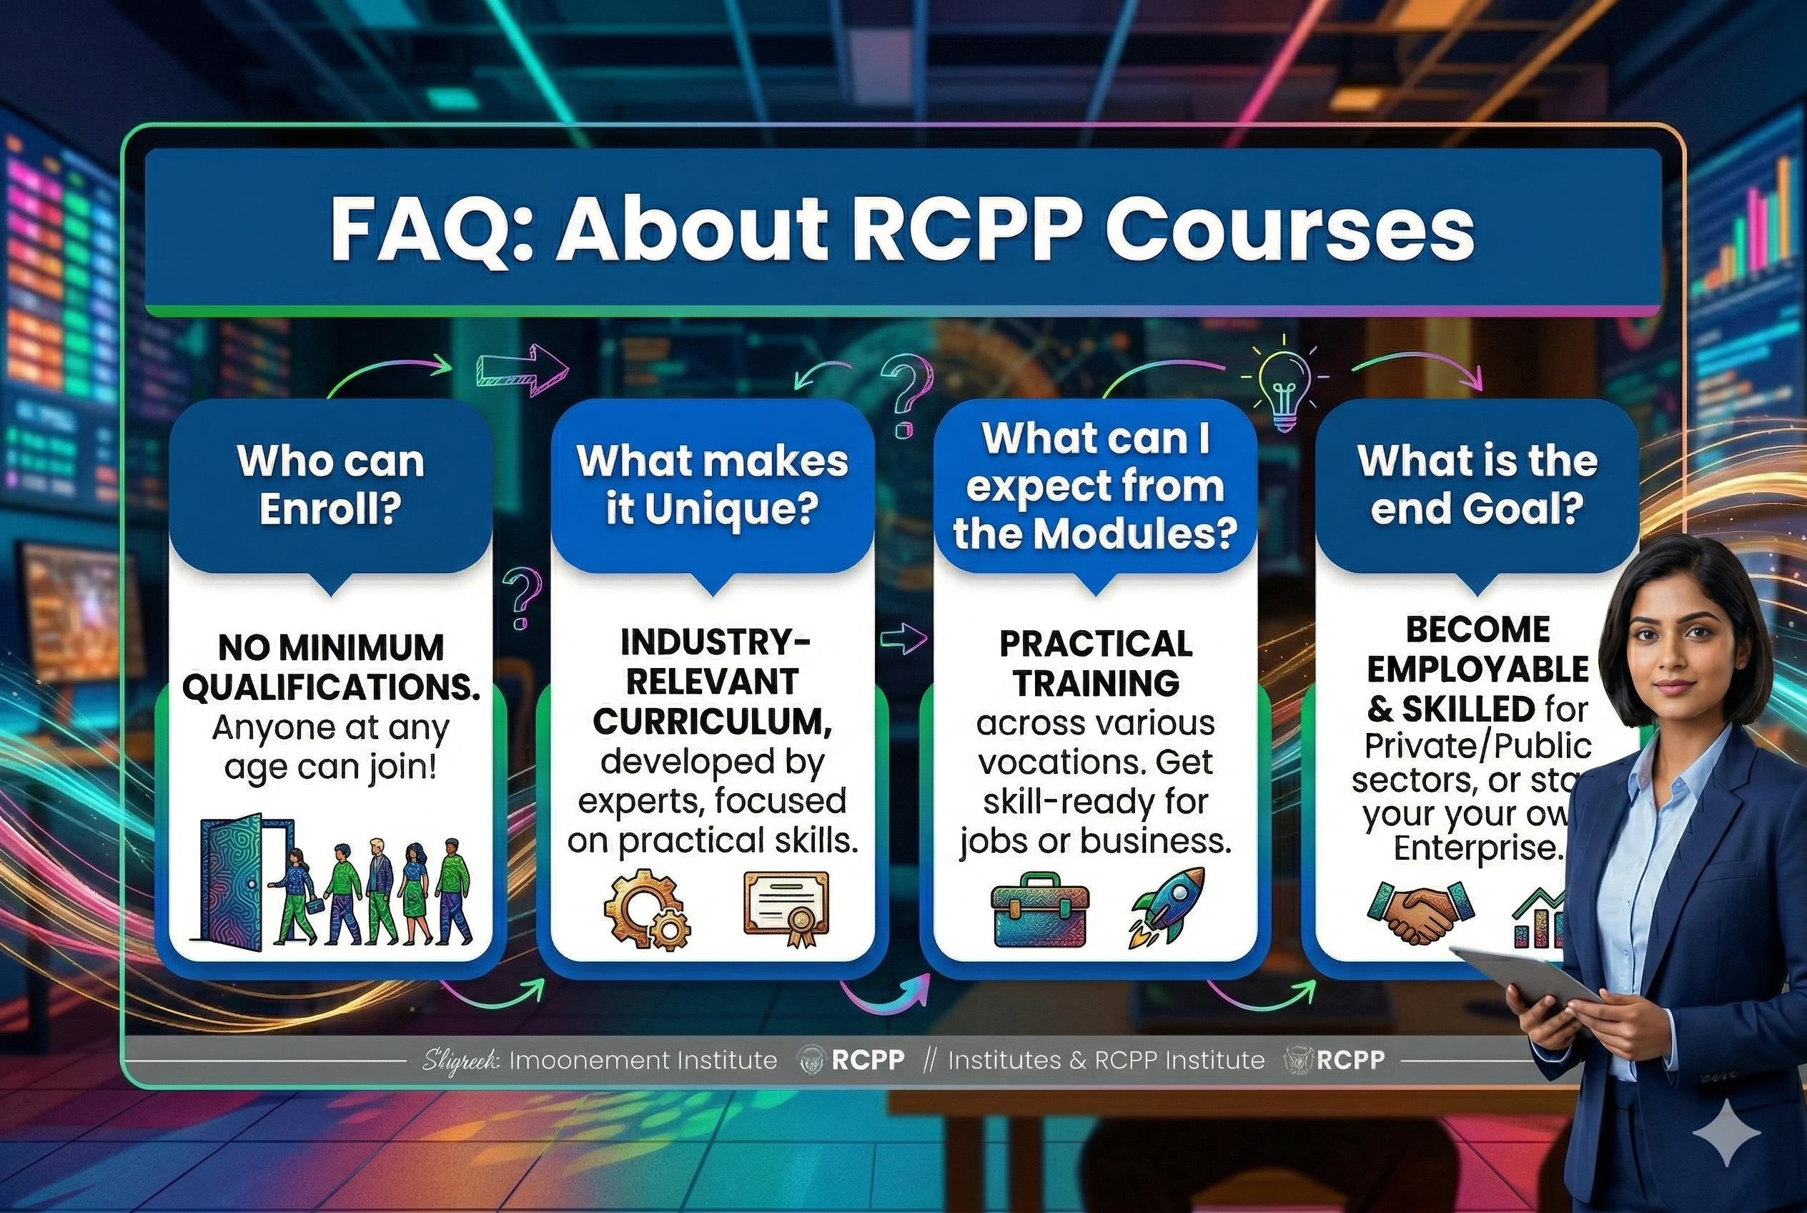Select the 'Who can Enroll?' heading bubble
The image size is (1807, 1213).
[x=331, y=485]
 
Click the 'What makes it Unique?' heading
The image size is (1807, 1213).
[x=712, y=485]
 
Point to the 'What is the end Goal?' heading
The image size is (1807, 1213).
[x=1477, y=485]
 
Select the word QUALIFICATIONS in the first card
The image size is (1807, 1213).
[x=331, y=688]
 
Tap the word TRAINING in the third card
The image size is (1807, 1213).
[x=1096, y=683]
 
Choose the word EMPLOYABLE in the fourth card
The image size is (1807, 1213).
[x=1477, y=670]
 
